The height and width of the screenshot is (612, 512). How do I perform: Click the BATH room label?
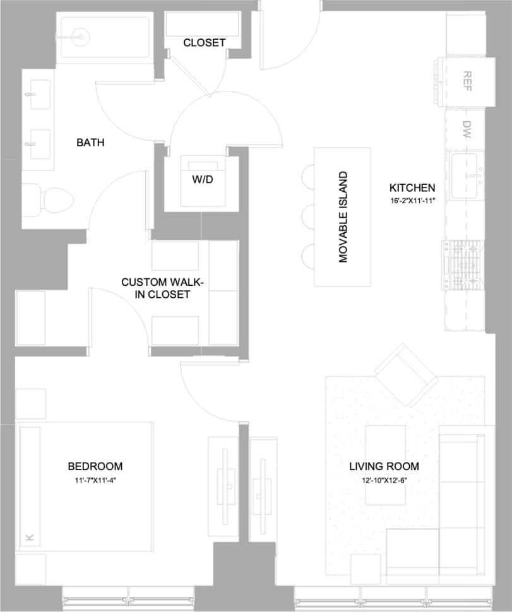coord(90,143)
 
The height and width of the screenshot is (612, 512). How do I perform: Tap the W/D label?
coord(201,179)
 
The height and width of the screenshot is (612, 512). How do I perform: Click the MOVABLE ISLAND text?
coord(343,217)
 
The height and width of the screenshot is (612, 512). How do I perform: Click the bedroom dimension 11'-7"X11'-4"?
coord(95,480)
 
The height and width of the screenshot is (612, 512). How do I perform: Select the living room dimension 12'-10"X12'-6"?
coord(384,480)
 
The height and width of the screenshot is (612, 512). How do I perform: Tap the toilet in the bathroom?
coord(51,199)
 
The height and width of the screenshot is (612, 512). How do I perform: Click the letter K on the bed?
coord(29,537)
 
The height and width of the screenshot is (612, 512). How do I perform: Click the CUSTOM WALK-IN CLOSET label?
coord(155,288)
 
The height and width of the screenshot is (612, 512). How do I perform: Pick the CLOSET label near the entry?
coord(204,43)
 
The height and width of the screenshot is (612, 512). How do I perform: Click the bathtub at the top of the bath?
coord(104,38)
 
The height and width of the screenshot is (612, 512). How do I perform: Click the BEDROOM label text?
coord(95,466)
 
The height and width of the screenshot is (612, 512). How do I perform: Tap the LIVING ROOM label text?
coord(384,466)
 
